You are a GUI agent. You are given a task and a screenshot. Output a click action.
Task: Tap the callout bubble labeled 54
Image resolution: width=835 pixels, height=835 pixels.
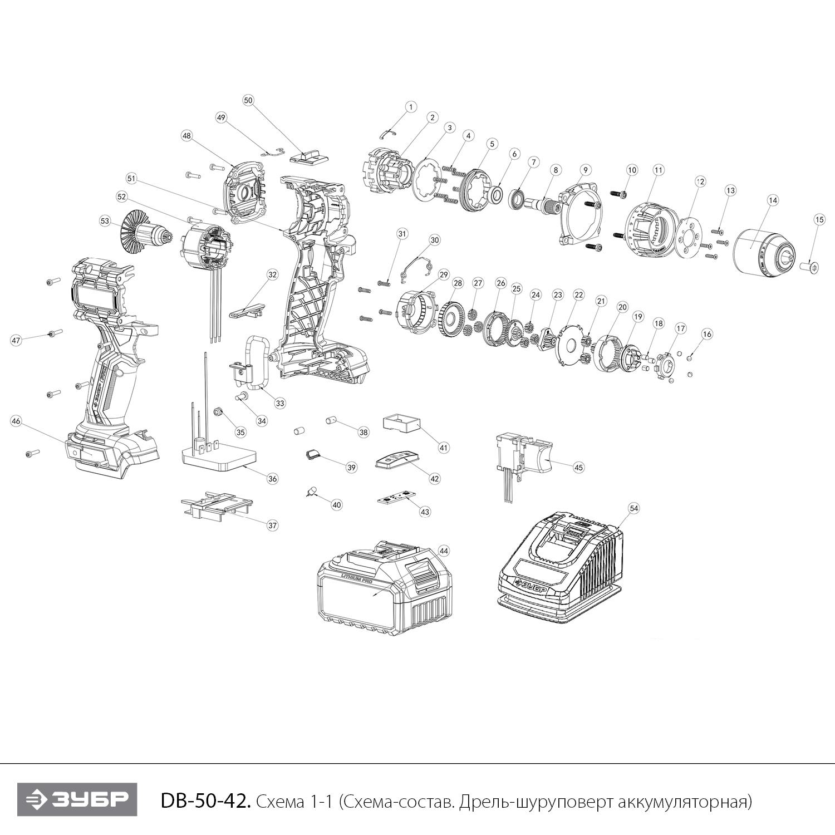(x=633, y=508)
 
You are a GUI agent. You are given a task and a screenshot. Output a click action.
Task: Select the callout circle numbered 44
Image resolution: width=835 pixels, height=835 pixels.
(x=443, y=551)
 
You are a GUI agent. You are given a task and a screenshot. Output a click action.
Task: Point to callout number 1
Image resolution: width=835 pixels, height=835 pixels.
(x=410, y=106)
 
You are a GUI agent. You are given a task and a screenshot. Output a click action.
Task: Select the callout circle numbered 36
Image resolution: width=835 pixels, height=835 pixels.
(x=272, y=478)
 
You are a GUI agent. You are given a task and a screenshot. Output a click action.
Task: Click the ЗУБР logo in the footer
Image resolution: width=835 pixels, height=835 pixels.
(x=77, y=800)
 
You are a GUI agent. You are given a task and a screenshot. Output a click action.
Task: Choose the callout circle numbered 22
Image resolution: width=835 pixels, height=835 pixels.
(x=579, y=294)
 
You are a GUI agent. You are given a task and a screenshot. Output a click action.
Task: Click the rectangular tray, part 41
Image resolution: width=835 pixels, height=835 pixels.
(x=401, y=423)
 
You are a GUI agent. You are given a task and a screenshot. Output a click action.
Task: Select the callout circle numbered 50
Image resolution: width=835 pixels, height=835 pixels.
(x=248, y=100)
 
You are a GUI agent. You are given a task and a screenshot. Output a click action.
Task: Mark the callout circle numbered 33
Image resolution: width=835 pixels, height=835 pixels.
(x=279, y=402)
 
